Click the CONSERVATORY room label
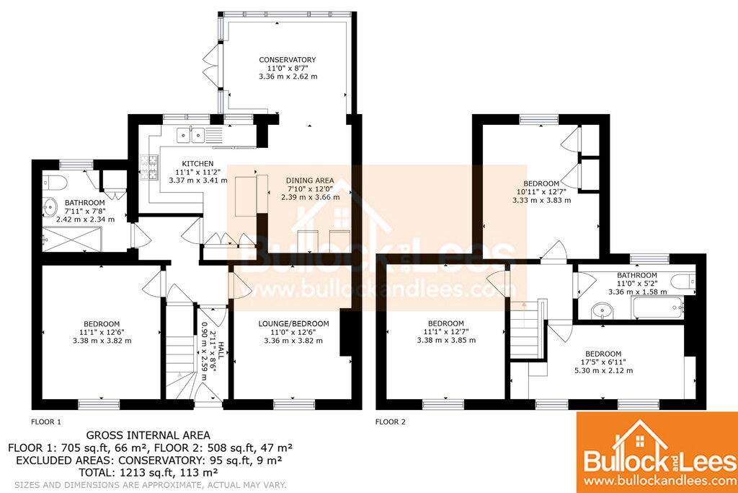(287, 60)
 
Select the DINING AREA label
(310, 180)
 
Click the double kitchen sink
(190, 135)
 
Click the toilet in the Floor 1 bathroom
(50, 182)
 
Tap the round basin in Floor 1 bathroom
(49, 206)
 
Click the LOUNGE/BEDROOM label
(293, 324)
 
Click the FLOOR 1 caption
(46, 422)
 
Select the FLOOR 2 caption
(390, 422)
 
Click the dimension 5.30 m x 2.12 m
(603, 370)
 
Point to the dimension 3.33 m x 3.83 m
(542, 200)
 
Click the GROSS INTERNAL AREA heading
(148, 435)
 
